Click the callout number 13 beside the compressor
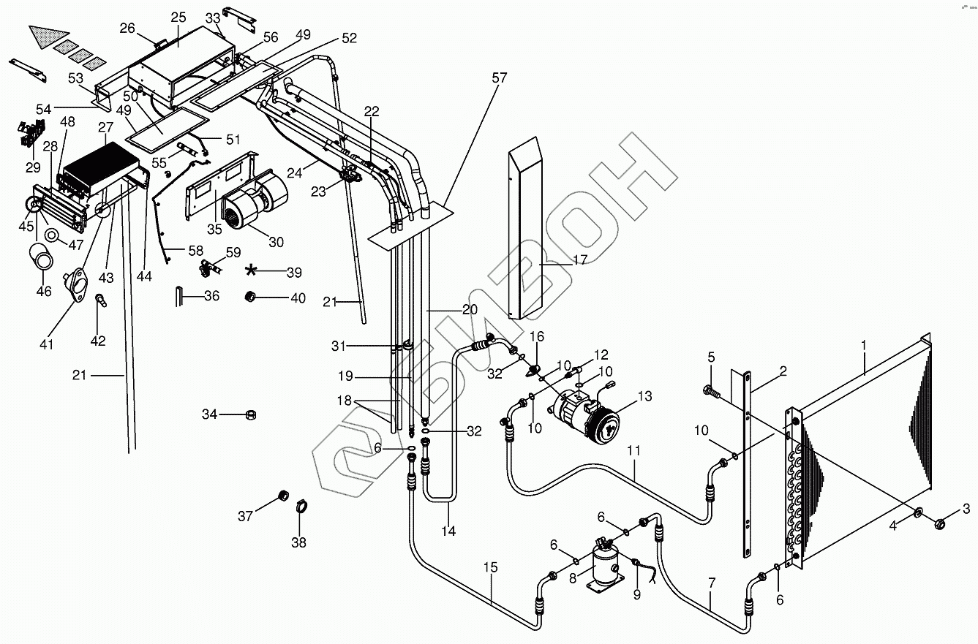pos(645,396)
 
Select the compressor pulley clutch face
pos(603,424)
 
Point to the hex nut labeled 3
pos(940,523)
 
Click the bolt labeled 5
pos(712,390)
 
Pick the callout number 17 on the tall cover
pos(580,260)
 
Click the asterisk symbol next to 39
pos(251,270)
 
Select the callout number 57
pos(499,77)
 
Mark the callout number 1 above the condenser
pos(863,346)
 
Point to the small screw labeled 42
pos(101,300)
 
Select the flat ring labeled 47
pos(51,235)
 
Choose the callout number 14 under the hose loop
pos(448,531)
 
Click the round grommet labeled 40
pos(249,297)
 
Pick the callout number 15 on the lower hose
pos(490,567)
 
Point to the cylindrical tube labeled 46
pos(42,258)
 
